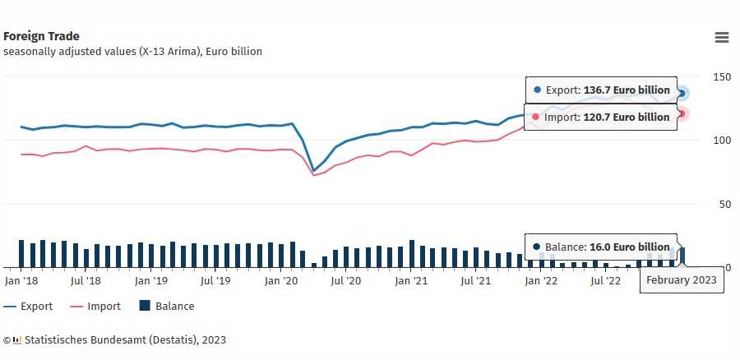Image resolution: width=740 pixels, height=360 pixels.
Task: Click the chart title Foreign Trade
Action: click(x=41, y=36)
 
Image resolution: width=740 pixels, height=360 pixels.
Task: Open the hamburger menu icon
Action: click(x=722, y=37)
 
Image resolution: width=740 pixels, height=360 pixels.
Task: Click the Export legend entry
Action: click(x=28, y=307)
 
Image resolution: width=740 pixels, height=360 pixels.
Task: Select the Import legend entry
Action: click(x=95, y=307)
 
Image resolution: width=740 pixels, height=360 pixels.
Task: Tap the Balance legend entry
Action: click(x=167, y=307)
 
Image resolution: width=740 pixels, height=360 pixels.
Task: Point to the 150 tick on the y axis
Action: click(x=722, y=76)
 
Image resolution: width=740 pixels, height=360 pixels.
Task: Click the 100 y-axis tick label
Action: click(x=722, y=140)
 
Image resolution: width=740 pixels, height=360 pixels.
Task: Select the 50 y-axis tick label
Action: click(x=724, y=204)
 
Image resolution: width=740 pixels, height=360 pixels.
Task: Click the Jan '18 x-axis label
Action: click(x=21, y=280)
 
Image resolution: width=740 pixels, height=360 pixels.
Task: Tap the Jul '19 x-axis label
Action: click(x=216, y=280)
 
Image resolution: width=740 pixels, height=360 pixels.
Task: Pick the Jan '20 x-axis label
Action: click(x=281, y=280)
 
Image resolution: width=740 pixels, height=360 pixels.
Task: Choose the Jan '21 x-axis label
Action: click(x=411, y=280)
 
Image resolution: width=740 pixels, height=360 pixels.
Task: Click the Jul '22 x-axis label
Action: click(x=607, y=280)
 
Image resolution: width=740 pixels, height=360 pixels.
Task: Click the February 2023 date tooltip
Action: click(x=682, y=280)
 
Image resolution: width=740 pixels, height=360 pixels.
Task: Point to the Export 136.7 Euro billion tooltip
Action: click(x=601, y=90)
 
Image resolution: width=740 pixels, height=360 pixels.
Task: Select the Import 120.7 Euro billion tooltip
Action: click(x=601, y=117)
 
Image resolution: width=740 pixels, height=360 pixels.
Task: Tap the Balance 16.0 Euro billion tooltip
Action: click(x=601, y=247)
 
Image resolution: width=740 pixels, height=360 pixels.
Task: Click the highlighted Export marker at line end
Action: click(x=682, y=93)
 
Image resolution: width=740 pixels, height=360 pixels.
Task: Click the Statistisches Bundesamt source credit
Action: click(x=115, y=339)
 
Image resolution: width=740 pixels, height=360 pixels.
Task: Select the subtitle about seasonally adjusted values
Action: click(x=132, y=52)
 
